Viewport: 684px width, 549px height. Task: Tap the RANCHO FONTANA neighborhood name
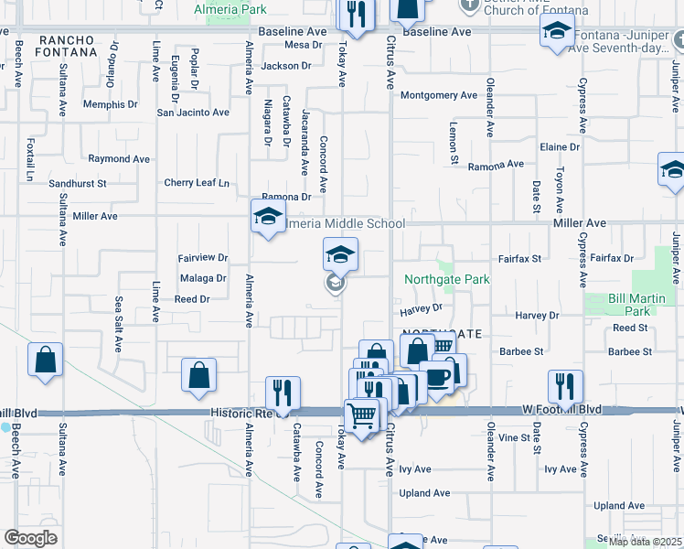[68, 46]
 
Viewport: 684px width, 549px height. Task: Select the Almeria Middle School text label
[346, 223]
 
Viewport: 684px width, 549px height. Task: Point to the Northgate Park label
[447, 279]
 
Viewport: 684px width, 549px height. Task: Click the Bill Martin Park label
[630, 306]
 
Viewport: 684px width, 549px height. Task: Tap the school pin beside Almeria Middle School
[267, 218]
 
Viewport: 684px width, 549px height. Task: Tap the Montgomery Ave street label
[439, 95]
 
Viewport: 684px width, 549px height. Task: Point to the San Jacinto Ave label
[193, 113]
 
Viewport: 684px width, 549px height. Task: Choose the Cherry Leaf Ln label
[197, 183]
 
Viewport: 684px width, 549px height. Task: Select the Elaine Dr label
[560, 146]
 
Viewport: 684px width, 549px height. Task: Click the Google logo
[30, 538]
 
